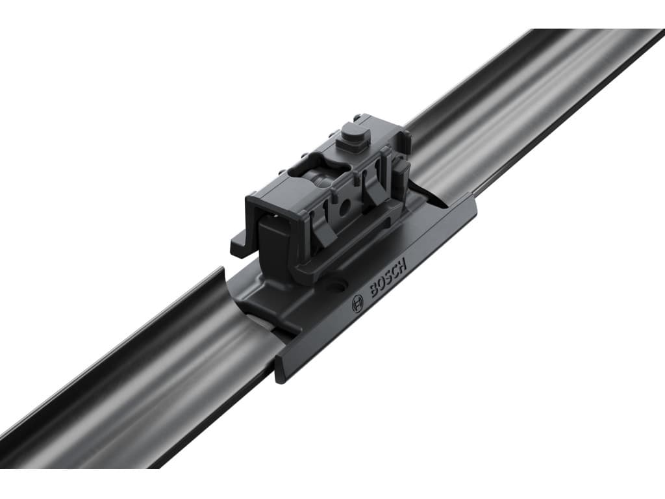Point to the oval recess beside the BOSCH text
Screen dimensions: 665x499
click(340, 285)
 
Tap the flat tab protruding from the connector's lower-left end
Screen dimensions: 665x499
click(239, 245)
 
